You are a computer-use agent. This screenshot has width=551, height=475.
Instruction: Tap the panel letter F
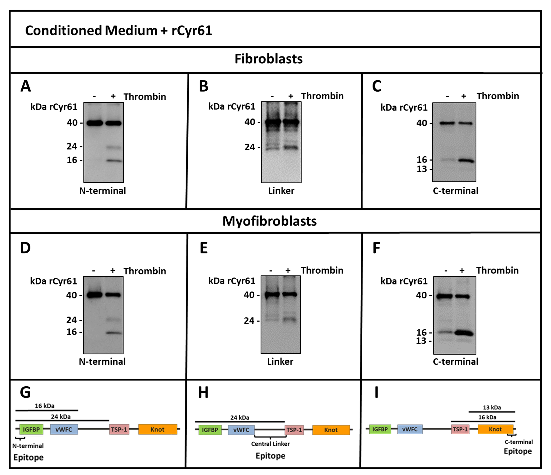point(376,248)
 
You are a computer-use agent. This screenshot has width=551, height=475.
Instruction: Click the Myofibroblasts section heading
point(269,221)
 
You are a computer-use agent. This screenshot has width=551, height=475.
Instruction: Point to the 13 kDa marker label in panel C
point(422,169)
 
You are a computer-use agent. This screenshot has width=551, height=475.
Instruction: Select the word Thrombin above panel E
point(322,270)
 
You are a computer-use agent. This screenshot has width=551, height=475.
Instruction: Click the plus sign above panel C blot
point(464,96)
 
